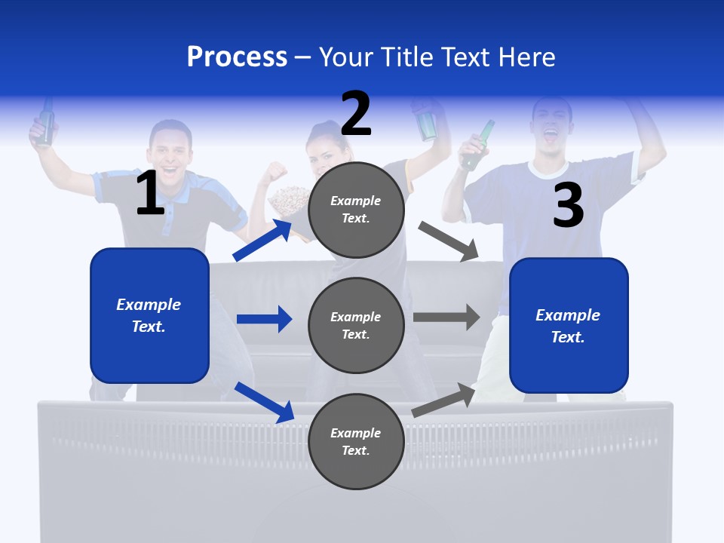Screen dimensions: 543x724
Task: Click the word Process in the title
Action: pyautogui.click(x=237, y=57)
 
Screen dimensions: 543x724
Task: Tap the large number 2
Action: pyautogui.click(x=356, y=113)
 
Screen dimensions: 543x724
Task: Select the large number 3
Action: pyautogui.click(x=568, y=205)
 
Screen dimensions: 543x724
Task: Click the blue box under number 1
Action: pyautogui.click(x=149, y=315)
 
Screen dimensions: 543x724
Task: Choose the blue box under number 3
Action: pyautogui.click(x=569, y=325)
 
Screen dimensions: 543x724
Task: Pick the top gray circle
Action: pyautogui.click(x=356, y=210)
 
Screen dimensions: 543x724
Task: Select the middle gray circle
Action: pyautogui.click(x=356, y=325)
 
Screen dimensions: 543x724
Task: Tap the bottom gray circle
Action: pyautogui.click(x=356, y=441)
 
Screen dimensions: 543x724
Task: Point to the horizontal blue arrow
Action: pyautogui.click(x=264, y=319)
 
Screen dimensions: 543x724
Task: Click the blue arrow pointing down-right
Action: pyautogui.click(x=265, y=402)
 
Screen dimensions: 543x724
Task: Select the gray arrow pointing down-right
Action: pyautogui.click(x=449, y=241)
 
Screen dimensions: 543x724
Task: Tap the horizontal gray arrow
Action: pyautogui.click(x=446, y=318)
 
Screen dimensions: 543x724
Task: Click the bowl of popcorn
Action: pyautogui.click(x=287, y=199)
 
